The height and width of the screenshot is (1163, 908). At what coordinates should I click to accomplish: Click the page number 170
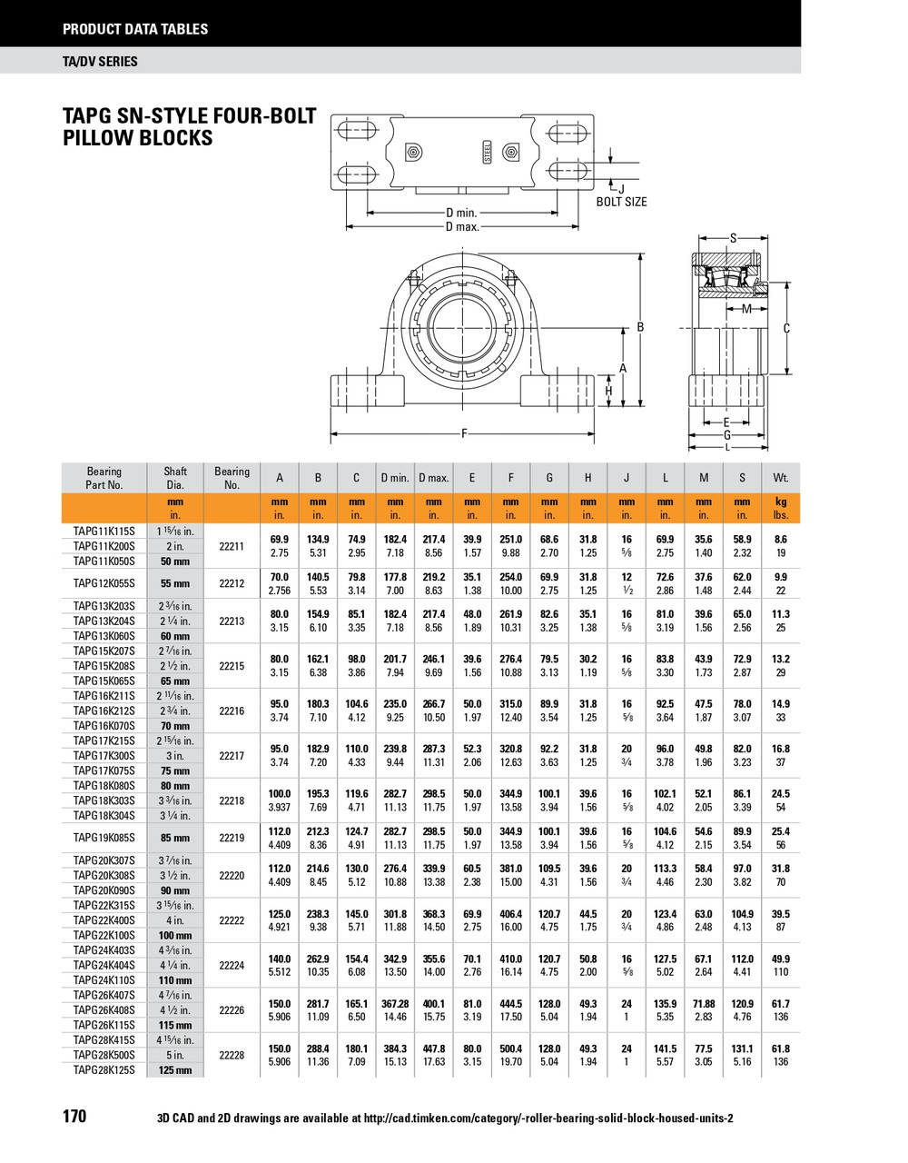click(x=74, y=1116)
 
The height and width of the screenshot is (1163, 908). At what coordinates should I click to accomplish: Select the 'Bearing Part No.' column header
click(x=104, y=478)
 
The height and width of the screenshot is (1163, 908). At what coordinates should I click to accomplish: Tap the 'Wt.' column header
click(x=781, y=478)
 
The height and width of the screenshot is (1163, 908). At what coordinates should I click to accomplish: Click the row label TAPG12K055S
click(x=104, y=583)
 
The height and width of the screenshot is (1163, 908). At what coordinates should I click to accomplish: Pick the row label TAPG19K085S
click(x=104, y=838)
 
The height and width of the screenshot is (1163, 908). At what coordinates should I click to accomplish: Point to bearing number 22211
click(x=232, y=546)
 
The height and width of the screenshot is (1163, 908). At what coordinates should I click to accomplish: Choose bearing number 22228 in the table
click(x=232, y=1055)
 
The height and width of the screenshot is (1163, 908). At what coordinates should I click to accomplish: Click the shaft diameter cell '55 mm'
click(x=175, y=583)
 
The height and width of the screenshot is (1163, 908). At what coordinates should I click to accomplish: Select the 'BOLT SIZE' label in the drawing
click(x=621, y=202)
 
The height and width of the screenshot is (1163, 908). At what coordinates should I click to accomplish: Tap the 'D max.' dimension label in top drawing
click(x=461, y=226)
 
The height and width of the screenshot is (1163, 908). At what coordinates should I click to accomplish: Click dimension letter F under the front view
click(x=465, y=434)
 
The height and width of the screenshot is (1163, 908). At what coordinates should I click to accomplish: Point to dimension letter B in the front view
click(x=640, y=327)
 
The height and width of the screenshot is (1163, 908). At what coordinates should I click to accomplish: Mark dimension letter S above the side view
click(x=734, y=238)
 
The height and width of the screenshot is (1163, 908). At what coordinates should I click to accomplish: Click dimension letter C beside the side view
click(x=786, y=329)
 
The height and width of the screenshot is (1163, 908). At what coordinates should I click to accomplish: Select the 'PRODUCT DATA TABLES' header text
click(x=135, y=29)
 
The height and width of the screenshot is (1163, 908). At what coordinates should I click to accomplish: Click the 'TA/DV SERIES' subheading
click(x=100, y=61)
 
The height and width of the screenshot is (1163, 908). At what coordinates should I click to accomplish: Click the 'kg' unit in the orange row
click(x=781, y=502)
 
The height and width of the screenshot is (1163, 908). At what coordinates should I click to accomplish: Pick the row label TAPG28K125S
click(x=104, y=1069)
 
